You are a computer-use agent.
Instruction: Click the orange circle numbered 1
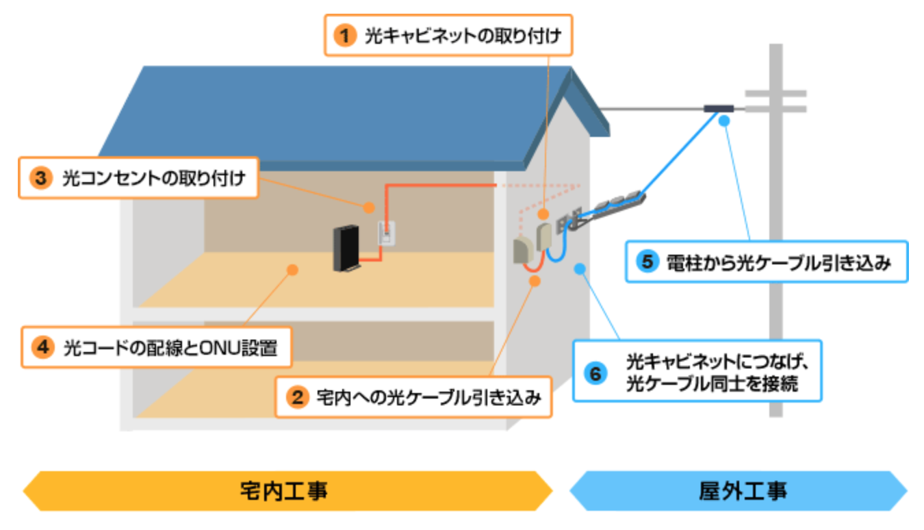click(345, 35)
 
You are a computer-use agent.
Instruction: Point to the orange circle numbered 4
click(42, 348)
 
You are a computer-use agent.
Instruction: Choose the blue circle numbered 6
click(595, 373)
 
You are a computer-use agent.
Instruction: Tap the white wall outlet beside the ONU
click(387, 233)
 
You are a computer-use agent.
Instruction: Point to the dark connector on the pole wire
click(719, 108)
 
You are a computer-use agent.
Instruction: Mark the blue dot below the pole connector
click(723, 121)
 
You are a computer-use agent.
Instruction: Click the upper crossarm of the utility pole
click(775, 93)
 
